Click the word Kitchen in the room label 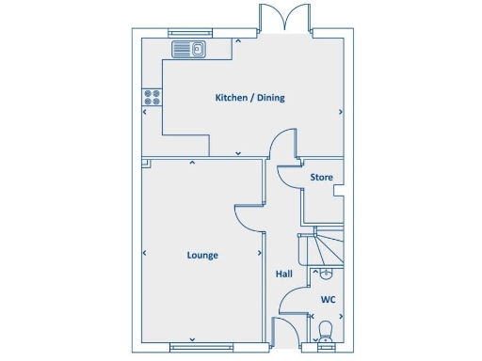click(x=232, y=98)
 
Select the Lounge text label click(x=202, y=255)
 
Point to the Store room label click(x=322, y=177)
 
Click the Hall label click(x=283, y=275)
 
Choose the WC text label click(x=328, y=300)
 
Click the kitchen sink click(x=188, y=49)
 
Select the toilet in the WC click(x=326, y=331)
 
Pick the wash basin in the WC click(x=325, y=275)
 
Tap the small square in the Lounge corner click(x=147, y=163)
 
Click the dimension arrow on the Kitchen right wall click(x=340, y=112)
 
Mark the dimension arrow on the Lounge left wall click(x=145, y=253)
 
